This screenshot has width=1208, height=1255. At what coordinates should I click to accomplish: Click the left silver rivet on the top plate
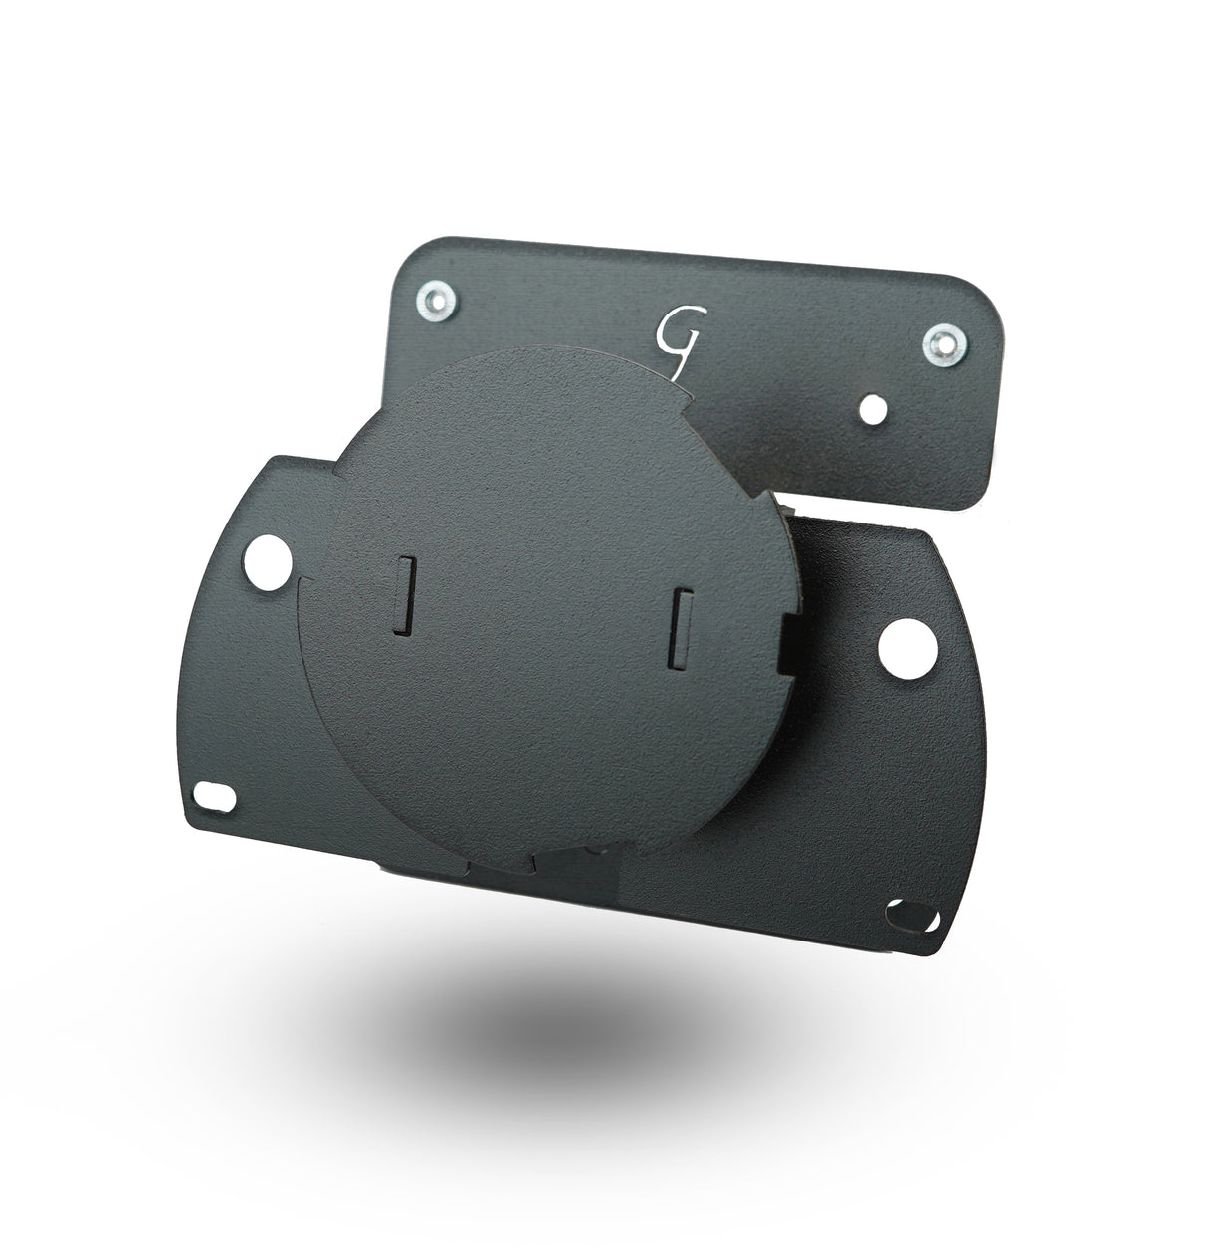(x=437, y=301)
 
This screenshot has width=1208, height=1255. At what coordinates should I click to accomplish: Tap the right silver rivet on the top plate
(x=945, y=345)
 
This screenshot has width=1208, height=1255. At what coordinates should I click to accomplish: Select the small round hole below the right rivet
(x=873, y=409)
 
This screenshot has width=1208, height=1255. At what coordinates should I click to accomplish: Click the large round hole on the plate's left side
(x=268, y=562)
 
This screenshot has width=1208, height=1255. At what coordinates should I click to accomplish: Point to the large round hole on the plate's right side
(x=906, y=649)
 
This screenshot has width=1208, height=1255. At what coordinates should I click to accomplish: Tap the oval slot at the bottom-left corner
(x=214, y=796)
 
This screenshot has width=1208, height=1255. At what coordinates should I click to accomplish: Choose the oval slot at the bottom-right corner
(x=911, y=917)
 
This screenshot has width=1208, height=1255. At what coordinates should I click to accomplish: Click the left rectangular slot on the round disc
(x=404, y=596)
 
